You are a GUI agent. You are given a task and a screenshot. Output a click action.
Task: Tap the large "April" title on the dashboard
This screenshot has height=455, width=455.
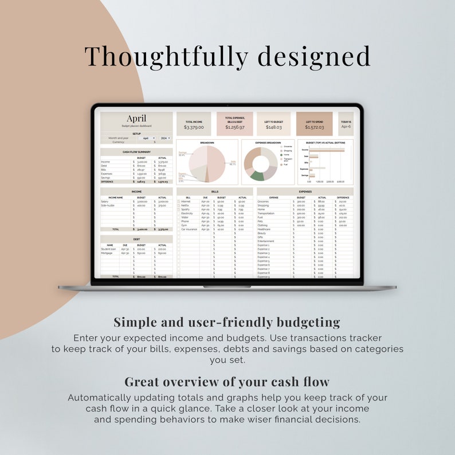point(136,119)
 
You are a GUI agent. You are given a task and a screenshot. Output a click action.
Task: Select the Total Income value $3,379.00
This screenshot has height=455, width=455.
point(194,127)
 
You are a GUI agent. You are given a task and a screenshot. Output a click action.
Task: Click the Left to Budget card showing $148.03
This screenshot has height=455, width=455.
point(273,124)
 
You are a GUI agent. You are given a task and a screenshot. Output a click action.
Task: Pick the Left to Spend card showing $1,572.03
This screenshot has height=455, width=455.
point(314,124)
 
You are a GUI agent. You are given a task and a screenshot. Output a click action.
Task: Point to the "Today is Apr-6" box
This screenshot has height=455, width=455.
point(346,124)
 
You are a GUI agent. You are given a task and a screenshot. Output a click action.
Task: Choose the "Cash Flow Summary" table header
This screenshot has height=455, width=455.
point(136,152)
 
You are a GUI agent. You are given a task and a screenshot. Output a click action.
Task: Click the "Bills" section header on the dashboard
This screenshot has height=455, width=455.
point(215,192)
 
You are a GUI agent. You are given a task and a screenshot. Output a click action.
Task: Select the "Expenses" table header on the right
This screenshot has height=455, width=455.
point(305,192)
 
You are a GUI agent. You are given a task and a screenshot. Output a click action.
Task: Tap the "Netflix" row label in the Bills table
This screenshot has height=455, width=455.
point(186,205)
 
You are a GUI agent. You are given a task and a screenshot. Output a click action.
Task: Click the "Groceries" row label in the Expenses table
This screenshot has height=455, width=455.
point(263,201)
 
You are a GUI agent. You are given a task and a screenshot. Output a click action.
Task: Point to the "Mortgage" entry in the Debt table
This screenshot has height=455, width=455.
point(107,253)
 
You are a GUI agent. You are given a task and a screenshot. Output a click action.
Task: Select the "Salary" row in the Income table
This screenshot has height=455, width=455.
point(105,201)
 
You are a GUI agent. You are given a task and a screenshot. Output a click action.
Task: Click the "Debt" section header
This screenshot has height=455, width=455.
point(136,240)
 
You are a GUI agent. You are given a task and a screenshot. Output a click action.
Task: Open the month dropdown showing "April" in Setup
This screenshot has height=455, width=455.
point(147,138)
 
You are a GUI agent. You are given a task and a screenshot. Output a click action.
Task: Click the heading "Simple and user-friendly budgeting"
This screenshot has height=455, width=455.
point(227,322)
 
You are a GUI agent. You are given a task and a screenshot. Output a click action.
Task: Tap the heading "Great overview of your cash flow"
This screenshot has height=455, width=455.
point(227,382)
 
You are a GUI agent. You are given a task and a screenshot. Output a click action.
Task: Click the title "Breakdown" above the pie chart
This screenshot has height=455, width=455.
point(207,143)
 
